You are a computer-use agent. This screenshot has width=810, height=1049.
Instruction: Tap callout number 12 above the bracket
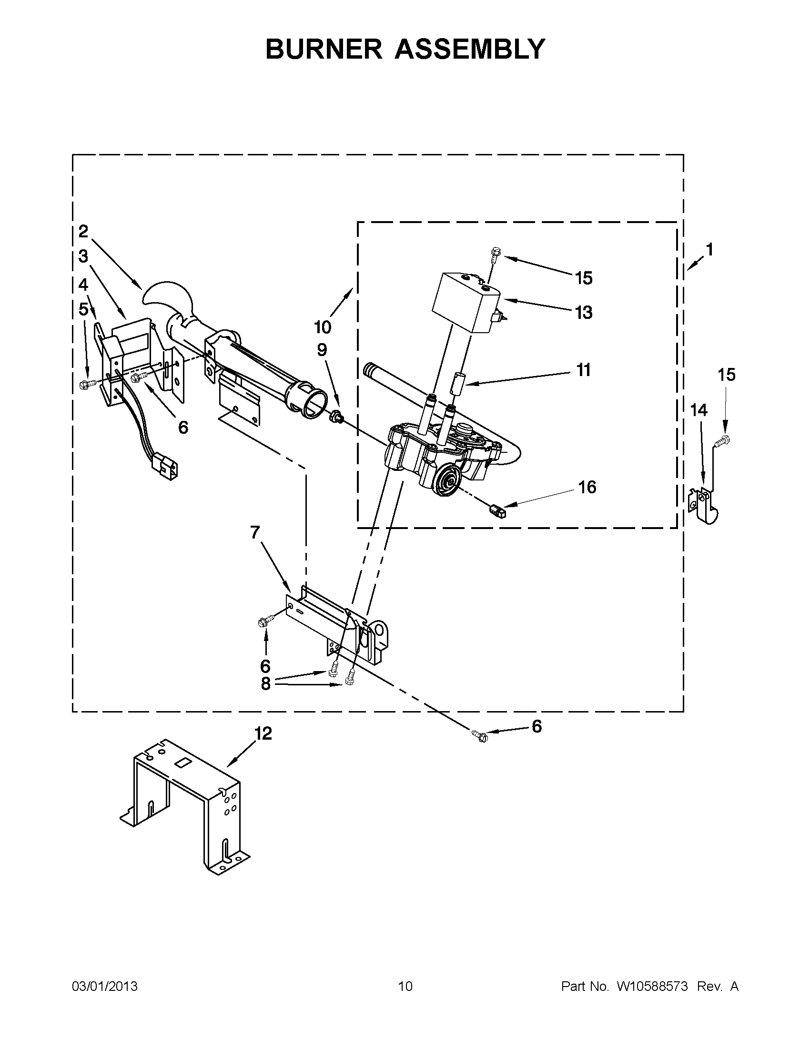click(263, 733)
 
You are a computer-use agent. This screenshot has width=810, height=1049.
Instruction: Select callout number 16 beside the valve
click(587, 487)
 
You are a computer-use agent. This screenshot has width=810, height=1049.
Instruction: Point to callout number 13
click(584, 313)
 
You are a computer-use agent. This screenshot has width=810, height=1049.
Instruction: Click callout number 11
click(583, 370)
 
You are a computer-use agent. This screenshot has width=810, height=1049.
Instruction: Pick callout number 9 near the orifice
click(322, 350)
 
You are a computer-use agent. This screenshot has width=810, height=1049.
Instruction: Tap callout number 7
click(255, 532)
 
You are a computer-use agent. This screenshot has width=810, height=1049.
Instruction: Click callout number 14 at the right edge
click(699, 410)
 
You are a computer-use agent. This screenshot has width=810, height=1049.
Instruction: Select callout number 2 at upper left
click(83, 232)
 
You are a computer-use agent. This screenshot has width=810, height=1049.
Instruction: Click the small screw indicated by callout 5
click(87, 383)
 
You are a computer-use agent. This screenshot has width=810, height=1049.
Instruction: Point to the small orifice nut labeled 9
click(336, 417)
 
